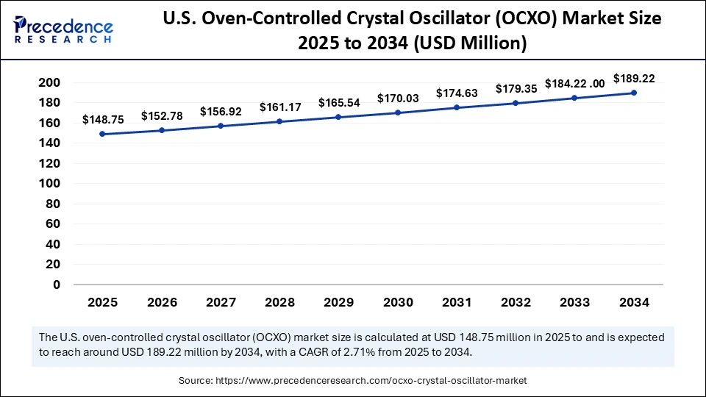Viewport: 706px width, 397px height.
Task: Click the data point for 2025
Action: [x=101, y=135]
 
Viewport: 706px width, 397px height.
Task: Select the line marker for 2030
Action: [x=398, y=112]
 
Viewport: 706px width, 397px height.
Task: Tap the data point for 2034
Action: [x=634, y=93]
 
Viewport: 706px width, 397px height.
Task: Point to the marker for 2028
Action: [x=279, y=121]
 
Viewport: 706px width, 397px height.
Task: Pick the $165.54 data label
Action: [x=339, y=102]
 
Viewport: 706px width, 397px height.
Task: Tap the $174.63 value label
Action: [x=457, y=93]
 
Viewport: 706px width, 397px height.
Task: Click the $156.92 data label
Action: [x=221, y=112]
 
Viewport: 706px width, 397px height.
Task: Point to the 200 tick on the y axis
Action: [x=49, y=83]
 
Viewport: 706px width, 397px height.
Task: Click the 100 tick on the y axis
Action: [x=49, y=184]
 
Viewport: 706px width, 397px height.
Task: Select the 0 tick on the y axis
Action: [x=56, y=285]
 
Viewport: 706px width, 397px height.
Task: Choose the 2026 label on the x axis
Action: [x=161, y=302]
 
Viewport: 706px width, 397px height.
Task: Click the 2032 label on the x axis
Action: [x=516, y=302]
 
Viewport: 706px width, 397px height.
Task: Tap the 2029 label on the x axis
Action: [x=339, y=302]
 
